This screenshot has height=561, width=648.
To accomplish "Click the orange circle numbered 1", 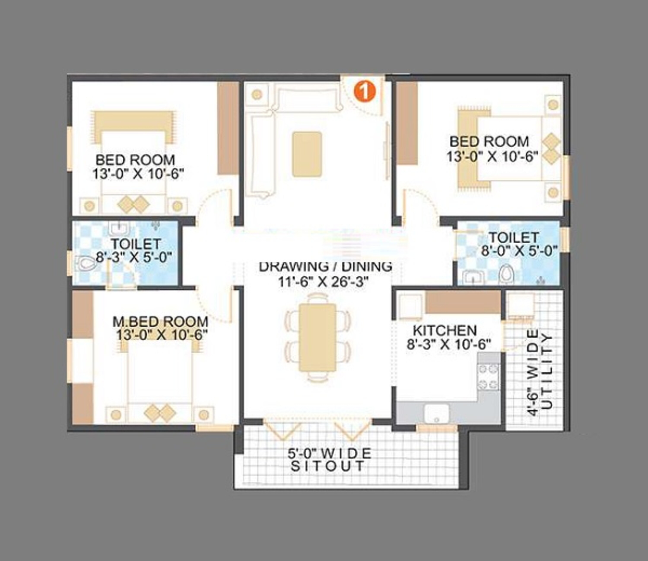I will click(x=364, y=91).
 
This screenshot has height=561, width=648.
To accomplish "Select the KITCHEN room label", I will click(x=445, y=330).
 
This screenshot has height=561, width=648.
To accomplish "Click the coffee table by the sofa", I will click(x=307, y=154).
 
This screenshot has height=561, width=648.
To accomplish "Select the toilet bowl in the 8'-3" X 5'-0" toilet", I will click(x=86, y=263).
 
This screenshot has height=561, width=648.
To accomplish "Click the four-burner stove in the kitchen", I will click(x=488, y=377).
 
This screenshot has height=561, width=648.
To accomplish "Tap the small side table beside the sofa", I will click(x=257, y=94).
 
